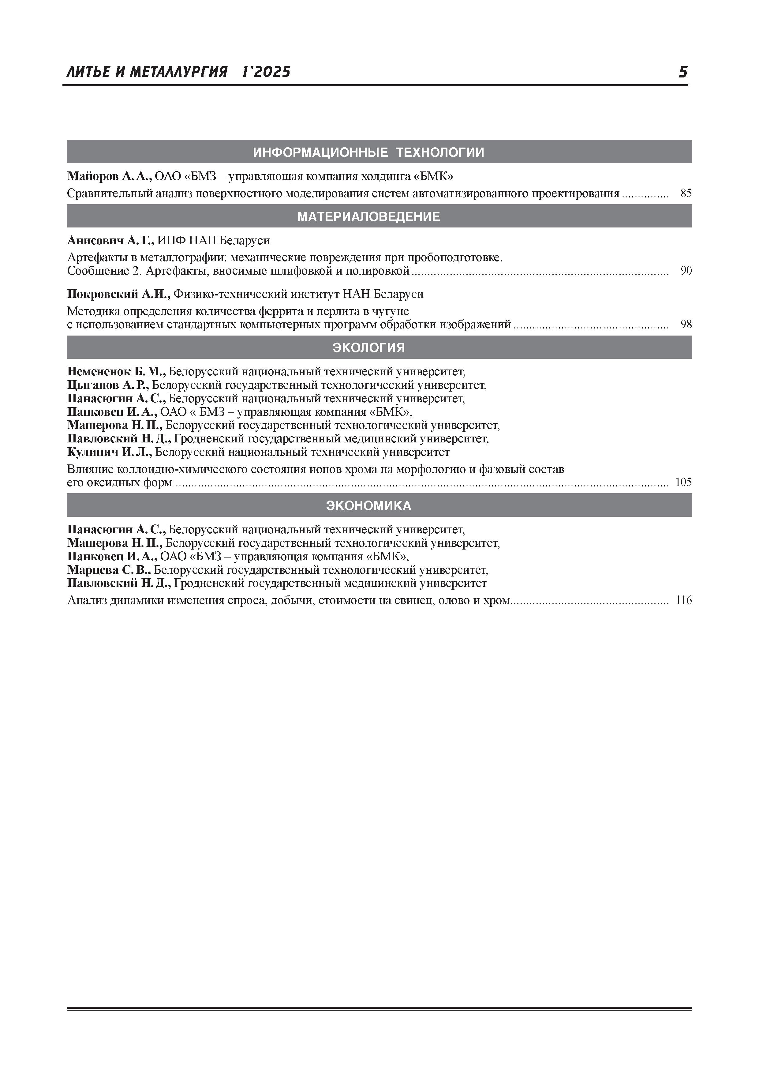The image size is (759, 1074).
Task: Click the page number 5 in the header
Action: click(683, 72)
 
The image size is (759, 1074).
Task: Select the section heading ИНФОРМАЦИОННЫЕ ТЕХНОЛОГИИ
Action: click(368, 152)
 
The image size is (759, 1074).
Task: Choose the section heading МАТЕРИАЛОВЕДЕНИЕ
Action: click(368, 216)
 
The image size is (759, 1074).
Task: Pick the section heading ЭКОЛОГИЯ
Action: click(368, 347)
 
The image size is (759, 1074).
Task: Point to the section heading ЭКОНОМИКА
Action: click(368, 506)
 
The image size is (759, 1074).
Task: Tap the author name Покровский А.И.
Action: click(118, 294)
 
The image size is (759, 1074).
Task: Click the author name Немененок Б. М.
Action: click(116, 372)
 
